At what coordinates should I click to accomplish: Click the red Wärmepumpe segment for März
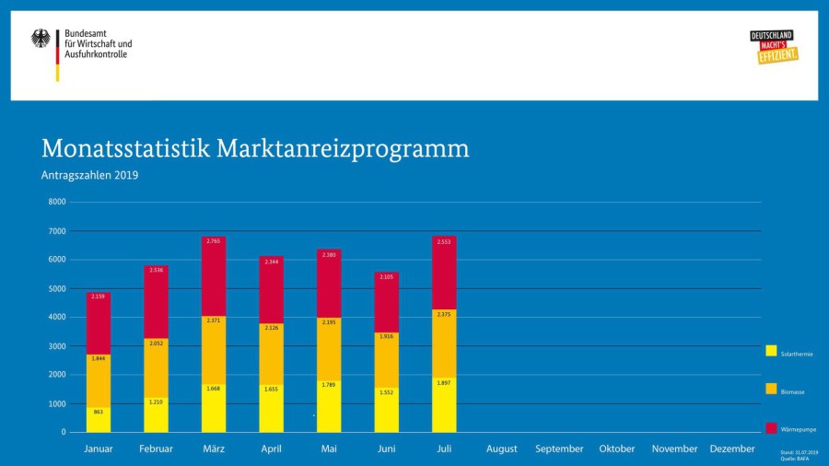coord(214,276)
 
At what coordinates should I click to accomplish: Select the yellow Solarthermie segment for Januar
coord(99,419)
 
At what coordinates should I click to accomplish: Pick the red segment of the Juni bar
coord(387,302)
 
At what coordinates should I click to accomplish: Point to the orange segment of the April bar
coord(271,354)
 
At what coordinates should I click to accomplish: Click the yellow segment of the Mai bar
coord(329,406)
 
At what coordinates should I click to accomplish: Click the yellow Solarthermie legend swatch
coord(771,351)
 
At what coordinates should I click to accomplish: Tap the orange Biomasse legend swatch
coord(771,390)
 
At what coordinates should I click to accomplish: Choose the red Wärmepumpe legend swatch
coord(771,428)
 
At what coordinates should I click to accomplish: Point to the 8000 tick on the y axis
coord(57,202)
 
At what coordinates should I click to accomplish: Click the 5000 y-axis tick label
coord(57,288)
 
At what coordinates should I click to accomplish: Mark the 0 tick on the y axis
coord(64,432)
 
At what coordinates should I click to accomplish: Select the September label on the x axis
coord(559,449)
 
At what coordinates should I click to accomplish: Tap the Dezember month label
coord(732,449)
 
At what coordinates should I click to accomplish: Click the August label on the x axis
coord(502,449)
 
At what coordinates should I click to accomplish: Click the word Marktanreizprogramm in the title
coord(343,149)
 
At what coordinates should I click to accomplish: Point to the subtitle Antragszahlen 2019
coord(89,175)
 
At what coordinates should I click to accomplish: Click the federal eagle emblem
coord(41,39)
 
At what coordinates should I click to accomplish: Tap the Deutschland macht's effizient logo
coord(774,47)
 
